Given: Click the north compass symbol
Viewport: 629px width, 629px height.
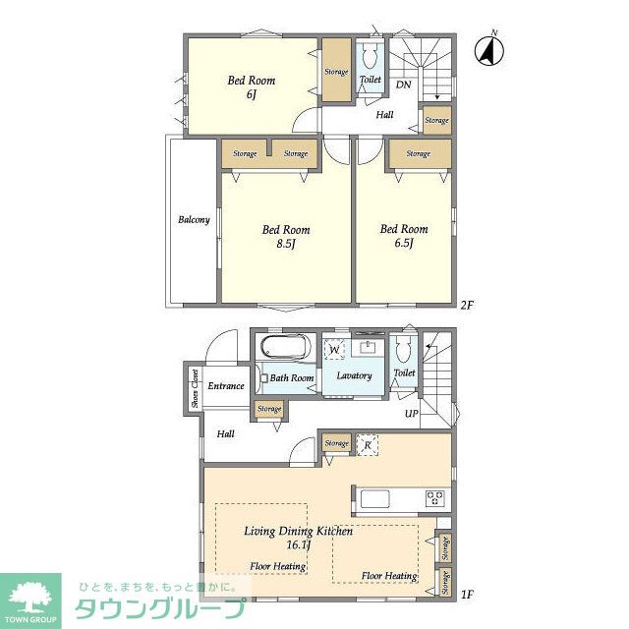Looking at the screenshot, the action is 489,50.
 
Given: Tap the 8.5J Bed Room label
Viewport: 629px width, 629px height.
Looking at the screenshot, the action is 286,236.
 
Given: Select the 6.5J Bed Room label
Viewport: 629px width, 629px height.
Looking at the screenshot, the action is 404,236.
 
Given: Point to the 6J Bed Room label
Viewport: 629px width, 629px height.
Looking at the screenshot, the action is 252,86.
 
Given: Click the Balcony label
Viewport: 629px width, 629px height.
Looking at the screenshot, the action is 195,219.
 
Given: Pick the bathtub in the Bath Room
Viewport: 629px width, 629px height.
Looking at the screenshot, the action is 286,346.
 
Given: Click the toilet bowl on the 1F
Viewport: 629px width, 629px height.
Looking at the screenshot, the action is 403,349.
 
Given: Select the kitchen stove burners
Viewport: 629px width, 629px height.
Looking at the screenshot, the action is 434,498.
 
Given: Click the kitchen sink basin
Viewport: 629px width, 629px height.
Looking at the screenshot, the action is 375,499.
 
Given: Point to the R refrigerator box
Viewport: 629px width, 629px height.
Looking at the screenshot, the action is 368,445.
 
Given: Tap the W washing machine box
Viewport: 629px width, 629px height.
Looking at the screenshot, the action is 334,350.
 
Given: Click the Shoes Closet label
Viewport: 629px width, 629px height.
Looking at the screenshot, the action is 196,388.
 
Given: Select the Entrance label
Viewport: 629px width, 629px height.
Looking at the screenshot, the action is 226,386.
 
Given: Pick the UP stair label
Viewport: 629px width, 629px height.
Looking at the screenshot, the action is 412,413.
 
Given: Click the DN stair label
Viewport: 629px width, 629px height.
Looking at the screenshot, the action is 404,85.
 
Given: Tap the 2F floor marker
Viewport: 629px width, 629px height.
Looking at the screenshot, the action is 467,306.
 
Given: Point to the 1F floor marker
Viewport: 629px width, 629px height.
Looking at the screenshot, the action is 467,594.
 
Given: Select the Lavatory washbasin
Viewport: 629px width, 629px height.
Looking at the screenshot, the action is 368,347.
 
